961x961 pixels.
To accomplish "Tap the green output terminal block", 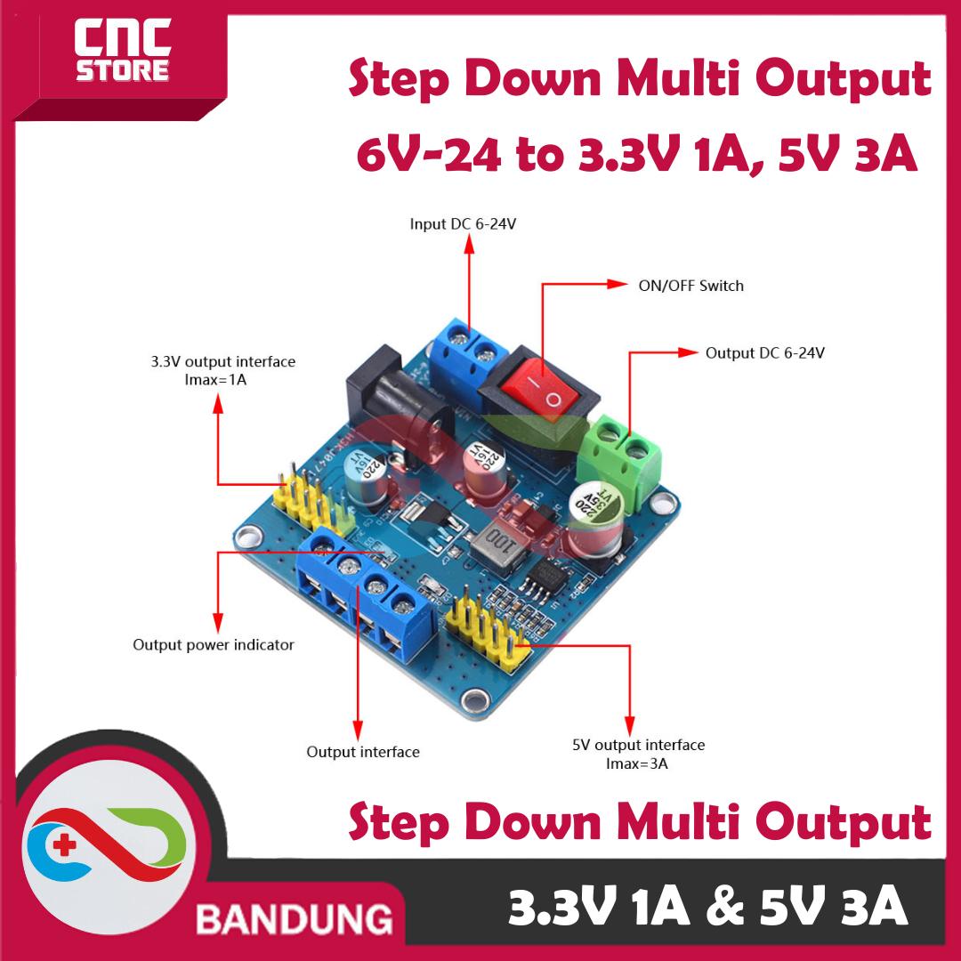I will point(622,459).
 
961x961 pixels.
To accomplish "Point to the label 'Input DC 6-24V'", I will point(463,223).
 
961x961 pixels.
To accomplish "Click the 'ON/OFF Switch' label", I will point(690,286).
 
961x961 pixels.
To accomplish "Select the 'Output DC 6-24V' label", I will point(764,352).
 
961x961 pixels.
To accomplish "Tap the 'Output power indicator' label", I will point(213,644).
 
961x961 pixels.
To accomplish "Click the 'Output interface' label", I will point(362,752).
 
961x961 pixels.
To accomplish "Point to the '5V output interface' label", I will point(637,745).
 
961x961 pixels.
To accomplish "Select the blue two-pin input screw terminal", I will point(468,348).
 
